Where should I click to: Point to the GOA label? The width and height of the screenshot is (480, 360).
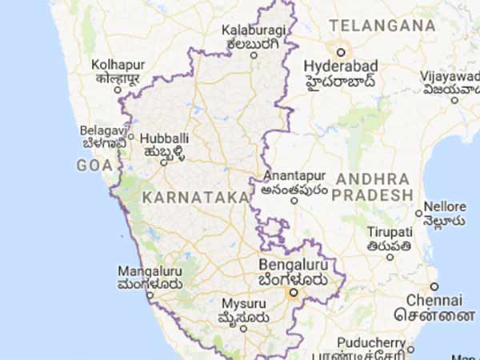(x=94, y=166)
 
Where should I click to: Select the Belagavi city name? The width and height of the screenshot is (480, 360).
(x=101, y=130)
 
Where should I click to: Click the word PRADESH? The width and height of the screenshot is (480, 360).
(x=374, y=195)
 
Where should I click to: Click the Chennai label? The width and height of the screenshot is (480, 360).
(x=433, y=300)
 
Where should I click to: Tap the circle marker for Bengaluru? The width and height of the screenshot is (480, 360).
(x=294, y=294)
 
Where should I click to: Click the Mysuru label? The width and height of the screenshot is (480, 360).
(x=242, y=304)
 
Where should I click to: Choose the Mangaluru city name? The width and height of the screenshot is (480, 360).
(x=150, y=270)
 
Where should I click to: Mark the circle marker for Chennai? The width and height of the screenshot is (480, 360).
(x=434, y=286)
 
